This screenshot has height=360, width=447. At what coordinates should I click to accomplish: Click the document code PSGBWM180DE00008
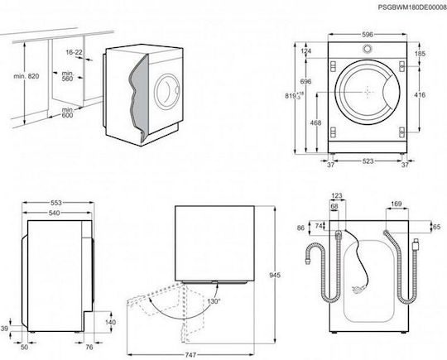pyautogui.click(x=412, y=7)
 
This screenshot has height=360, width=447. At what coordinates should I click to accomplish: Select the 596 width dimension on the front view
pyautogui.click(x=368, y=35)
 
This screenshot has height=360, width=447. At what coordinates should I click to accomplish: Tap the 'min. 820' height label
pyautogui.click(x=26, y=76)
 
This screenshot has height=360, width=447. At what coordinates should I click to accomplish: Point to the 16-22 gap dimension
pyautogui.click(x=74, y=52)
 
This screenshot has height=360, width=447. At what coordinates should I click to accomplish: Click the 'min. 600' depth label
pyautogui.click(x=68, y=113)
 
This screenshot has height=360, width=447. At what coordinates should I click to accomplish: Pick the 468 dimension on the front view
pyautogui.click(x=315, y=122)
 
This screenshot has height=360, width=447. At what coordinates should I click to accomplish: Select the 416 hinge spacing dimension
pyautogui.click(x=420, y=94)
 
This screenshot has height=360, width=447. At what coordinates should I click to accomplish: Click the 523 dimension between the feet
pyautogui.click(x=368, y=161)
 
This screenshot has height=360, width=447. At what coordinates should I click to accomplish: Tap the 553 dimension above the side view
pyautogui.click(x=56, y=203)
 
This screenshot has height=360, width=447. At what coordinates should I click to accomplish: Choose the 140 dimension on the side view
pyautogui.click(x=110, y=322)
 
